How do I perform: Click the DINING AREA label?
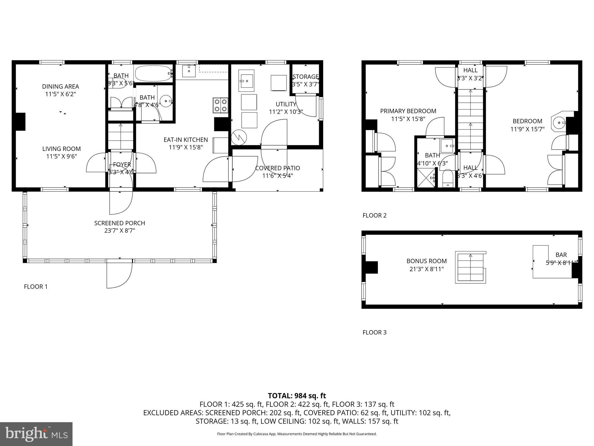coord(60,87)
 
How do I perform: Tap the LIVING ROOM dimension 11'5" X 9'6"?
coord(61,157)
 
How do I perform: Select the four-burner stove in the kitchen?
coord(220,105)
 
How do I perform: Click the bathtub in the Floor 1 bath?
coord(153,73)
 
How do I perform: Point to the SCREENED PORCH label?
coord(119,223)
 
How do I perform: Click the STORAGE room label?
coord(305,77)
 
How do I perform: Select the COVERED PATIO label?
coord(277,168)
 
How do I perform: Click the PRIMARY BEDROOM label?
coord(408,111)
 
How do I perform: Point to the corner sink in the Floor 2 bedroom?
coord(558,123)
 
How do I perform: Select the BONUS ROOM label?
coord(426,261)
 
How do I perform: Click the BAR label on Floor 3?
coord(561,255)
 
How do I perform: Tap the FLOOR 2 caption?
coord(374,215)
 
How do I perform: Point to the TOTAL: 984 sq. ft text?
coord(297,396)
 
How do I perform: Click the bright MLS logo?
coord(36,434)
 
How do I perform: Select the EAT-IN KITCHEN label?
coord(186,140)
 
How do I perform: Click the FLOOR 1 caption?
coord(35,287)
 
